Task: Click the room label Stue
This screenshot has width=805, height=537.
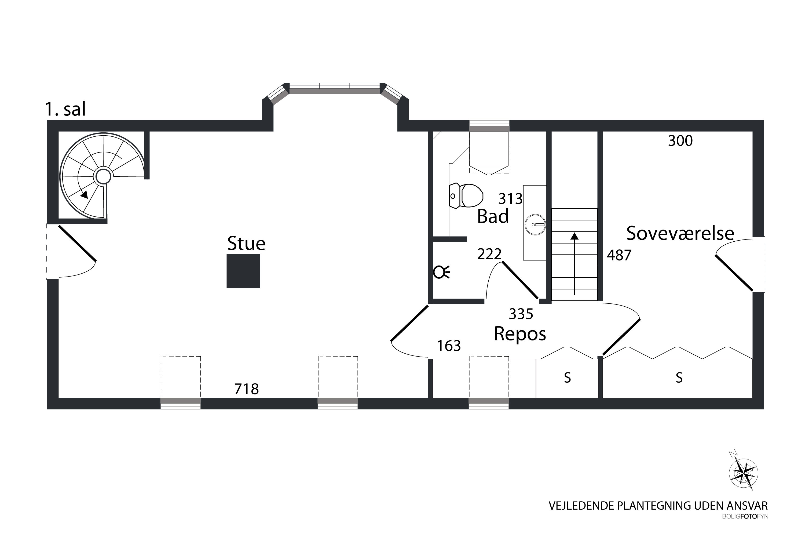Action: tap(246, 244)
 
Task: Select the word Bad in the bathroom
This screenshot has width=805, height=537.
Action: tap(493, 216)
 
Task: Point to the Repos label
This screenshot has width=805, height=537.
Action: tap(519, 334)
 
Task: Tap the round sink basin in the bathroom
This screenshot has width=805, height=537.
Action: tap(535, 225)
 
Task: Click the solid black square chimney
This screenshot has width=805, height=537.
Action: tap(243, 271)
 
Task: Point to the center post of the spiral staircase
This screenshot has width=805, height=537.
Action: tap(103, 177)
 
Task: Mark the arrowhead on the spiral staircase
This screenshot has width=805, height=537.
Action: tap(84, 194)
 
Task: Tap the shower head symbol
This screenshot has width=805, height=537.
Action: tap(441, 272)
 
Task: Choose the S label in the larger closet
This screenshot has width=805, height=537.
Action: tap(679, 378)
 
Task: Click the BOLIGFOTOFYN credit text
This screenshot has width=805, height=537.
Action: tap(745, 526)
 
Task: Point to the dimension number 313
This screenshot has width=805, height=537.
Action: tap(510, 199)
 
